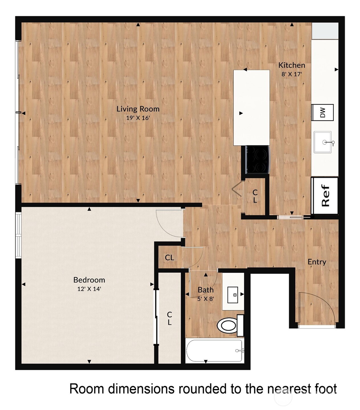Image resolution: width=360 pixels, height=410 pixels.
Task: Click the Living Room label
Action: [138, 109]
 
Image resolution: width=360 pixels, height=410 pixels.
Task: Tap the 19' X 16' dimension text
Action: [138, 118]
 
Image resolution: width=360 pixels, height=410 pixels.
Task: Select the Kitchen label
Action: [292, 65]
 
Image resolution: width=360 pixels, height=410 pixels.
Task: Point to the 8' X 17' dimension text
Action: [292, 74]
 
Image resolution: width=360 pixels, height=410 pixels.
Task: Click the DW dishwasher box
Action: [322, 112]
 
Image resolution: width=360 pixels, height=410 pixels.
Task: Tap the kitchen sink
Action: [323, 142]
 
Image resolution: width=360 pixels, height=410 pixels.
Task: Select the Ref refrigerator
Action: [325, 195]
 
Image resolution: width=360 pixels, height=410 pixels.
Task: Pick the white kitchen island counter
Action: [251, 108]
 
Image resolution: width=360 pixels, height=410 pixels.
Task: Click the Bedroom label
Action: [89, 280]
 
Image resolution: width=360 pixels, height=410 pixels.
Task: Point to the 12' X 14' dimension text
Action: [89, 289]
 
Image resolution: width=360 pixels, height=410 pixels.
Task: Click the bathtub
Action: [214, 351]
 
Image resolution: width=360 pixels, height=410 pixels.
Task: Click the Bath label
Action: [206, 290]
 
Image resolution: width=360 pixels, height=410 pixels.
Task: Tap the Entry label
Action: [317, 262]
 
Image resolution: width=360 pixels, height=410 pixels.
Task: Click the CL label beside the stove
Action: [255, 196]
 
